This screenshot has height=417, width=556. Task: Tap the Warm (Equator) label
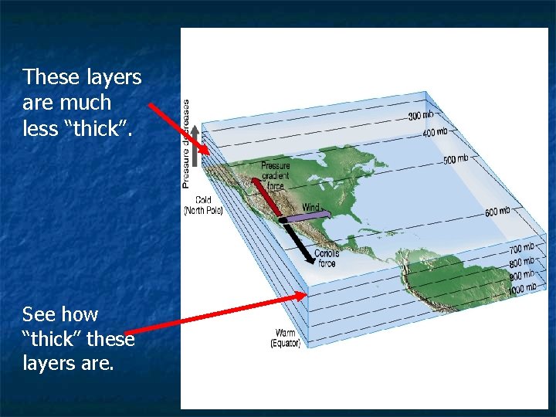[285, 338]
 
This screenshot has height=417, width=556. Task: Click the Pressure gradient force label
[275, 175]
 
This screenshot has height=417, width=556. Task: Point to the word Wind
[310, 207]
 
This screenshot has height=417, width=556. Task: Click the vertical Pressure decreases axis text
[186, 143]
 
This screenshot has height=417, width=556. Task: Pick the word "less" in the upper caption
[40, 128]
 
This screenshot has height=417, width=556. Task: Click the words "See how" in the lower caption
[59, 314]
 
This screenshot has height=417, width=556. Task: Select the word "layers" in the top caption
[113, 77]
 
